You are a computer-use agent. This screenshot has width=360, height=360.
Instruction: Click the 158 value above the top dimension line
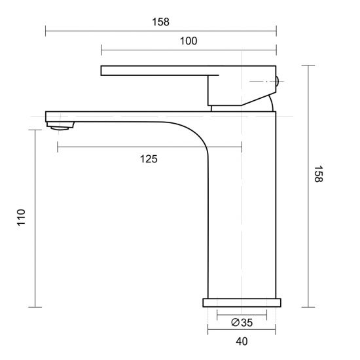tap(160, 22)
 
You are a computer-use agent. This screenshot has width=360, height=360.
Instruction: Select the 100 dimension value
tap(188, 41)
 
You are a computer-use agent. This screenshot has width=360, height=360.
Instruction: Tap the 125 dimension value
tap(149, 158)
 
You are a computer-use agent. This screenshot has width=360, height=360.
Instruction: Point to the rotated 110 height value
tap(20, 217)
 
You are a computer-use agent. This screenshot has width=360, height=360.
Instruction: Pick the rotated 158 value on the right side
tap(319, 175)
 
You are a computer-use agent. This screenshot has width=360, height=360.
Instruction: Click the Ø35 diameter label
tap(242, 321)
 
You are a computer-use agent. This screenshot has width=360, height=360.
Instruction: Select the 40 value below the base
tap(242, 341)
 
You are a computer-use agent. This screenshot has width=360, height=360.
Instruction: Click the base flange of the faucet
tap(242, 302)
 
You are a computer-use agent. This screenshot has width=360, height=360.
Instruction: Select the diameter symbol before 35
tap(234, 321)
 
